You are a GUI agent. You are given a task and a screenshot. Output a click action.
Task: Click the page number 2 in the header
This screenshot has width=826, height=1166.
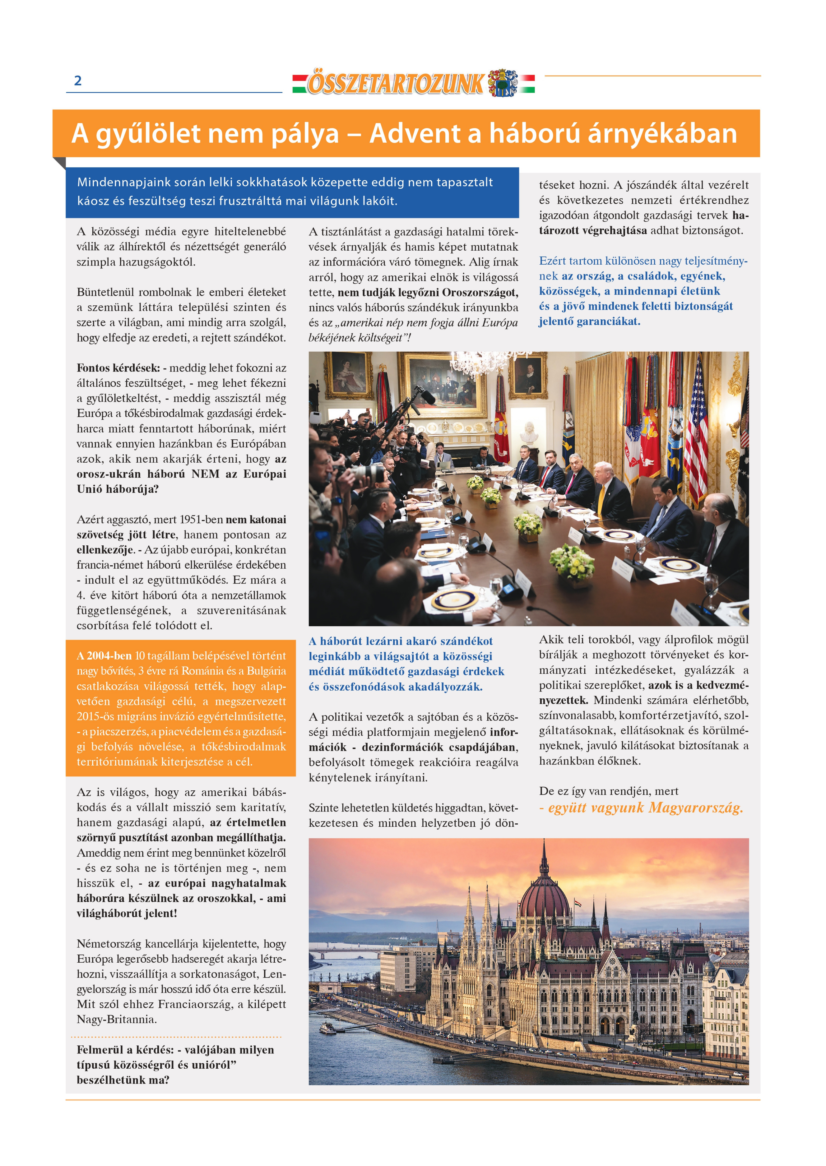click(78, 80)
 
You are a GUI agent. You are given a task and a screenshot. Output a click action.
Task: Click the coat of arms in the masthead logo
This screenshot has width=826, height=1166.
click(503, 82)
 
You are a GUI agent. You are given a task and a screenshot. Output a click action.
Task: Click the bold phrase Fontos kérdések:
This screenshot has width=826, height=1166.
click(118, 368)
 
